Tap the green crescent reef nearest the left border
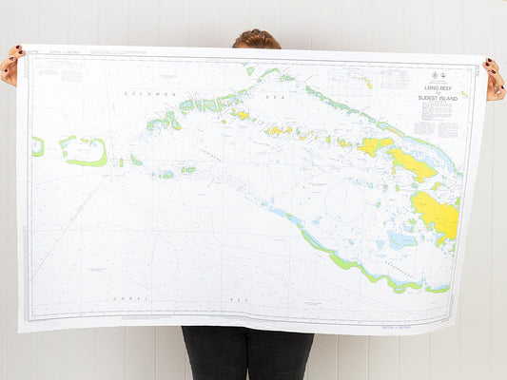click(37, 146)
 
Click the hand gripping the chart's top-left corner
click(10, 66)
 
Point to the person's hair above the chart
click(257, 39)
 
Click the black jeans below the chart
click(247, 353)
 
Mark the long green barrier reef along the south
click(352, 261)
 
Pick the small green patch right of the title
click(464, 94)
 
